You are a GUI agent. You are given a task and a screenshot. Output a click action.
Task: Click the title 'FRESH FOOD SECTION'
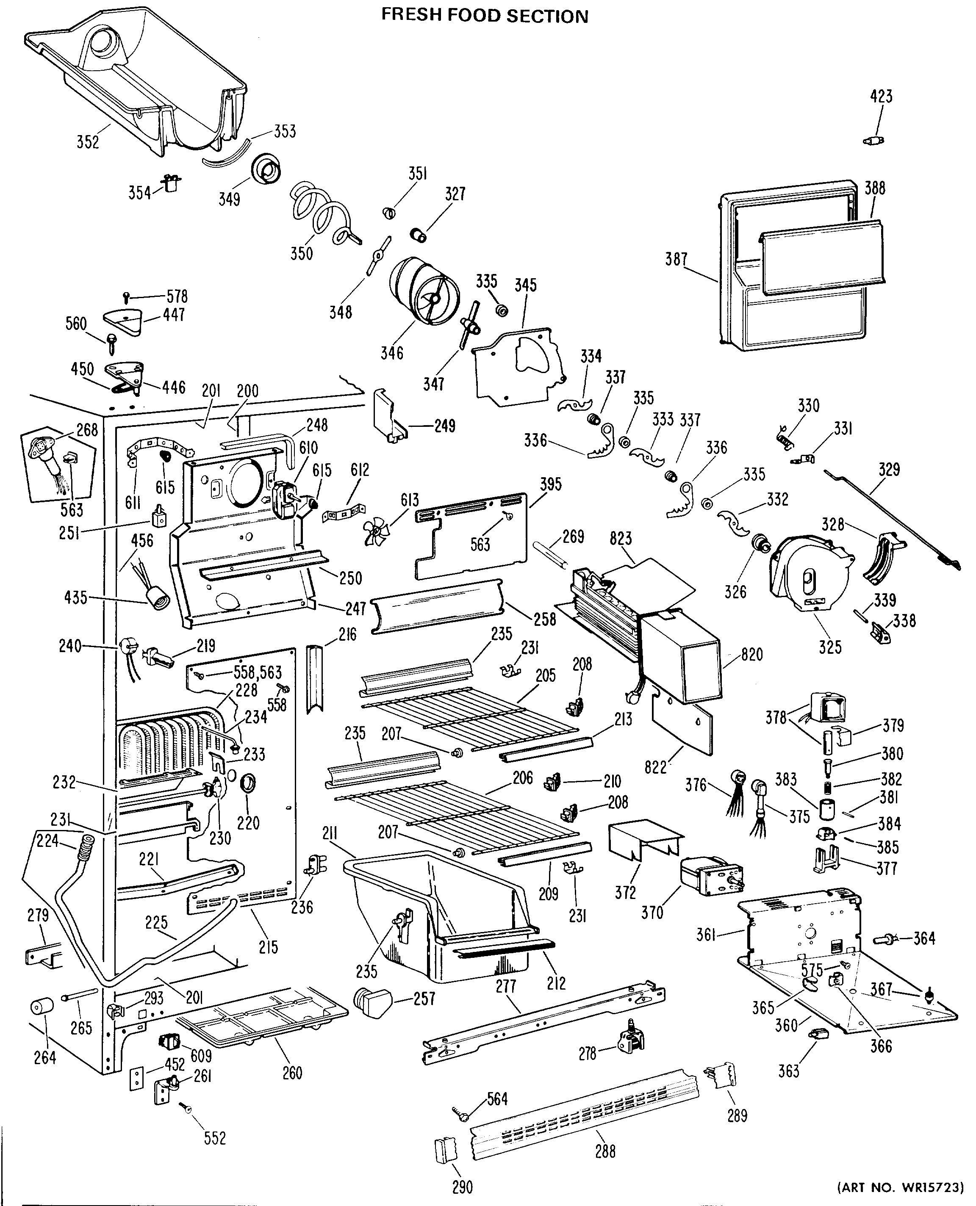pyautogui.click(x=485, y=15)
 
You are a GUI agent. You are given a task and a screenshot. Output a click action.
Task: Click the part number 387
pyautogui.click(x=677, y=259)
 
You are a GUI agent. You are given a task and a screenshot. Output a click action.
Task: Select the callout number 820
pyautogui.click(x=751, y=654)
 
